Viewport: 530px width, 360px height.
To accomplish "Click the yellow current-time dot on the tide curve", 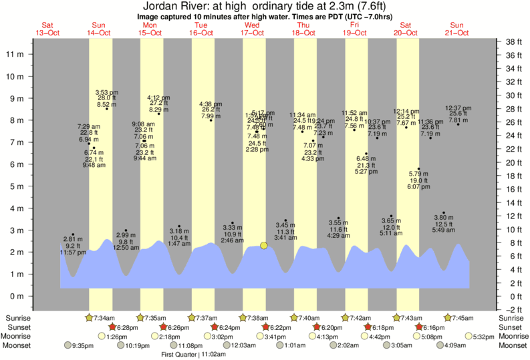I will coord(264,246).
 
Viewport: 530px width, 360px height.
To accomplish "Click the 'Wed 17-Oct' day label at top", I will coord(253,29).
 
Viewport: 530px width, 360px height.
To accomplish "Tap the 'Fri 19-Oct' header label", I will coord(355,29).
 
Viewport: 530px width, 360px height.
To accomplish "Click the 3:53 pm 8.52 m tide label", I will coord(106,98).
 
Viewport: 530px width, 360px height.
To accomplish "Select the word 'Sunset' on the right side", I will coord(513,327).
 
